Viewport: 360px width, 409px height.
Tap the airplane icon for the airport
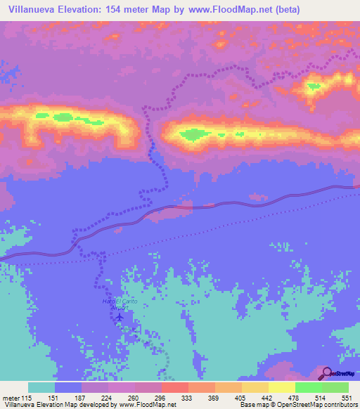(x=119, y=317)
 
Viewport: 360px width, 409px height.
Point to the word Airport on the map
(x=120, y=308)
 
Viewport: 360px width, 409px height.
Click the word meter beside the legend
(x=10, y=397)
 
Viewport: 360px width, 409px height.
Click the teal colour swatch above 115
(x=41, y=387)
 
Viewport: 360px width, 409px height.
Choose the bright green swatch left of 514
(x=309, y=387)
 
